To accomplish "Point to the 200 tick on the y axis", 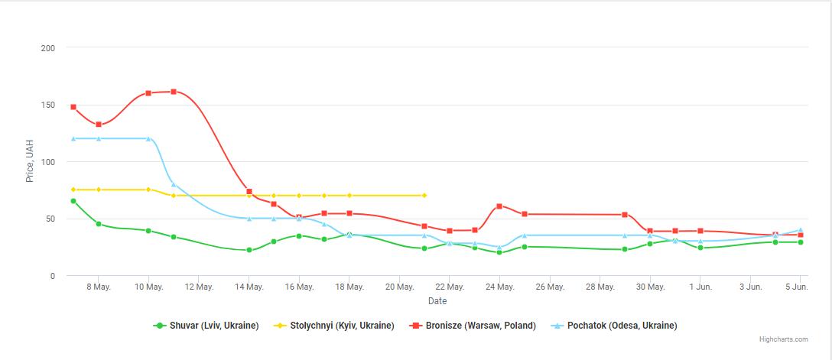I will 48,48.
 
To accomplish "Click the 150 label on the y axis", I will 48,105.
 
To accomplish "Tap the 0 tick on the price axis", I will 53,276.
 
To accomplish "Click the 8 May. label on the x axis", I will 99,287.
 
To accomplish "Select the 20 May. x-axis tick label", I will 400,287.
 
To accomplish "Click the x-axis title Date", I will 437,301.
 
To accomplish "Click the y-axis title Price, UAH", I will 30,161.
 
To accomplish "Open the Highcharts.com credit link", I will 783,339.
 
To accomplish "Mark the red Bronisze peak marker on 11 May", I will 174,92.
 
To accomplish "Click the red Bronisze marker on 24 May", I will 499,206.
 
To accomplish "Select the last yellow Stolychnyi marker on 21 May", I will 424,196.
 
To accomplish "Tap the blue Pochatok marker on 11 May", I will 174,184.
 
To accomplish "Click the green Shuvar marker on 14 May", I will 249,250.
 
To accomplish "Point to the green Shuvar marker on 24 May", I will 499,252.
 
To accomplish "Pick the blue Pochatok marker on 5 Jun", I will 801,230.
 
